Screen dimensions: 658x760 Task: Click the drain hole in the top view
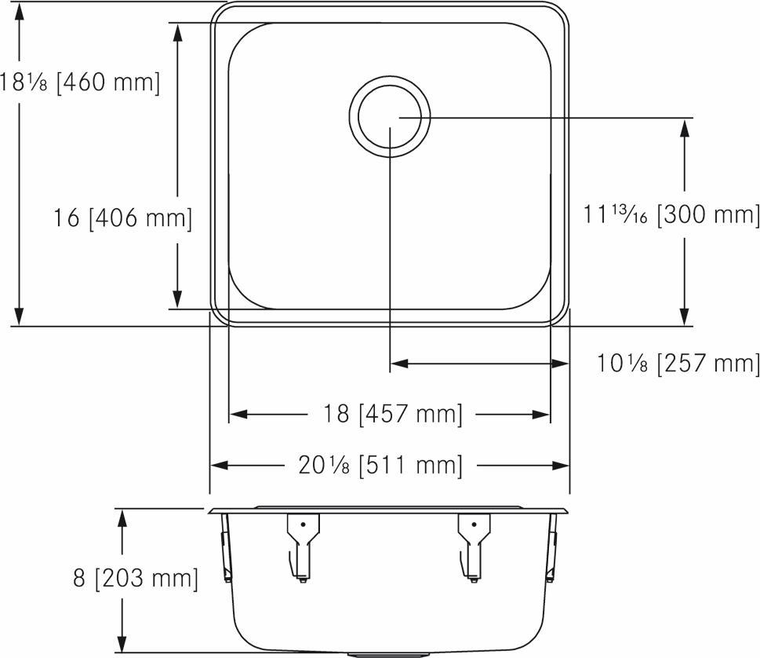(x=390, y=116)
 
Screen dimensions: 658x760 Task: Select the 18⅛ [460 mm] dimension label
(x=80, y=82)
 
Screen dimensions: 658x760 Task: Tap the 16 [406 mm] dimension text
(x=122, y=218)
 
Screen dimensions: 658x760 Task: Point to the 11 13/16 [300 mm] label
(x=671, y=214)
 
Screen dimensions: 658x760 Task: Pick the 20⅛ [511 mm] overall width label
(x=380, y=465)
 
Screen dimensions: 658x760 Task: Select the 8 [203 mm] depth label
(x=135, y=579)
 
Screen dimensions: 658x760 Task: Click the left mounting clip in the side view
(x=302, y=546)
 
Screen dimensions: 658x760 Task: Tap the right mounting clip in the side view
(x=474, y=546)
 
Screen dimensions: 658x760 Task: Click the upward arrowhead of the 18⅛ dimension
(x=20, y=15)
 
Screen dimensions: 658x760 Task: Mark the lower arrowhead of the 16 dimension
(x=178, y=298)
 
